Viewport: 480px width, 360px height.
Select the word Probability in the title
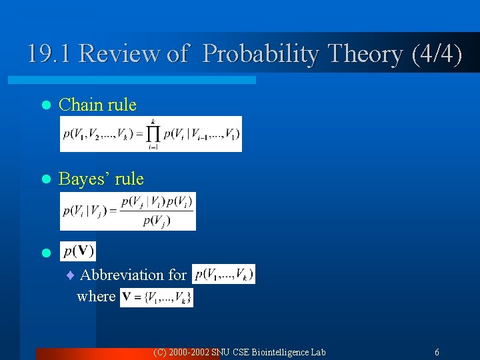pyautogui.click(x=261, y=53)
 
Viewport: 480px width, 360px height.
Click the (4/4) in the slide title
pyautogui.click(x=437, y=53)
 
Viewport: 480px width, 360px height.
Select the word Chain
pyautogui.click(x=81, y=105)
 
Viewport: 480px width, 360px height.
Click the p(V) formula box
pyautogui.click(x=78, y=251)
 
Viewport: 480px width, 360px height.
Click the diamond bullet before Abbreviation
pyautogui.click(x=71, y=275)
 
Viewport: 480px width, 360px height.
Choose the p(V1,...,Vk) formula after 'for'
pyautogui.click(x=223, y=274)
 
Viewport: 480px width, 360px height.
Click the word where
pyautogui.click(x=96, y=296)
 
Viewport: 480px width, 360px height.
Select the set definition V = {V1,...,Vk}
pyautogui.click(x=157, y=297)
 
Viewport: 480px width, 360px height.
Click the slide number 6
pyautogui.click(x=437, y=352)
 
